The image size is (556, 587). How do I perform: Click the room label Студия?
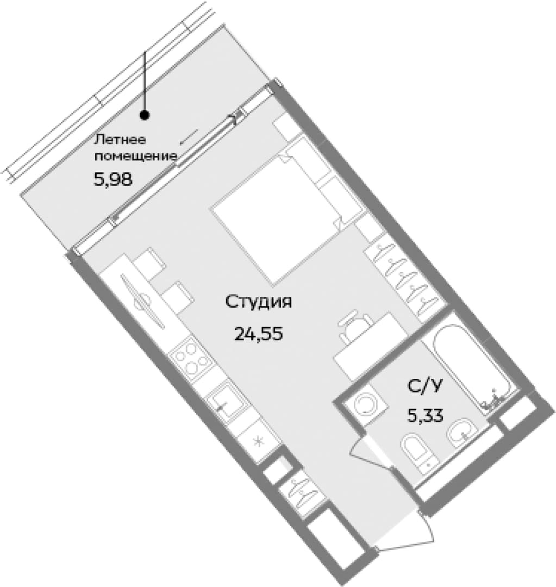click(258, 302)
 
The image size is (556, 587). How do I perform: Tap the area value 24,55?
click(258, 333)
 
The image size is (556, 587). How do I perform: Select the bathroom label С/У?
click(424, 385)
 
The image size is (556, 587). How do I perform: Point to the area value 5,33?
click(426, 415)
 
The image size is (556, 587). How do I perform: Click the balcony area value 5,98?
click(113, 180)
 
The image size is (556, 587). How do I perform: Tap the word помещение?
click(135, 156)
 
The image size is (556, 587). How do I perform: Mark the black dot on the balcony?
click(145, 115)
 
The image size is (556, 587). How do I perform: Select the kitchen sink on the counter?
click(224, 402)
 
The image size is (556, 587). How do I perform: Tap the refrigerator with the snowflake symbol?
click(258, 441)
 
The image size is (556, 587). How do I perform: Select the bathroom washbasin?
click(461, 434)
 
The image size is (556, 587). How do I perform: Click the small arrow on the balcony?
click(189, 136)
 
